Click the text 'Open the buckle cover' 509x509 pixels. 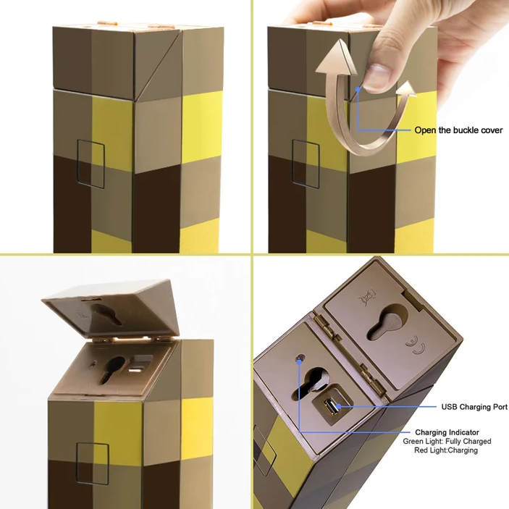click(x=458, y=130)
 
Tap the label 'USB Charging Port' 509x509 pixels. click(x=474, y=407)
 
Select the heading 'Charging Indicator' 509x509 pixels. click(x=447, y=432)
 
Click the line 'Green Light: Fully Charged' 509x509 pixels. click(x=447, y=441)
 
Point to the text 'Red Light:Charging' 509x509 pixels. click(x=446, y=450)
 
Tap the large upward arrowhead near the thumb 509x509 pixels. click(x=337, y=58)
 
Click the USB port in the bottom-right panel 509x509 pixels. click(x=331, y=407)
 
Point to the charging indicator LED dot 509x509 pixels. click(x=300, y=358)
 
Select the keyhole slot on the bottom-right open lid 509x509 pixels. click(x=387, y=322)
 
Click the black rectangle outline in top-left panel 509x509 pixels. click(x=91, y=164)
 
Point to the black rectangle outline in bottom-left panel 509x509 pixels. click(x=92, y=463)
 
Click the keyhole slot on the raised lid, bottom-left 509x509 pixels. click(x=106, y=314)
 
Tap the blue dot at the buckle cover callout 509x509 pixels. click(x=358, y=89)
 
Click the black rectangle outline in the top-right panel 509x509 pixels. click(x=306, y=164)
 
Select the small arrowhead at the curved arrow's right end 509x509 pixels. click(x=407, y=89)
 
